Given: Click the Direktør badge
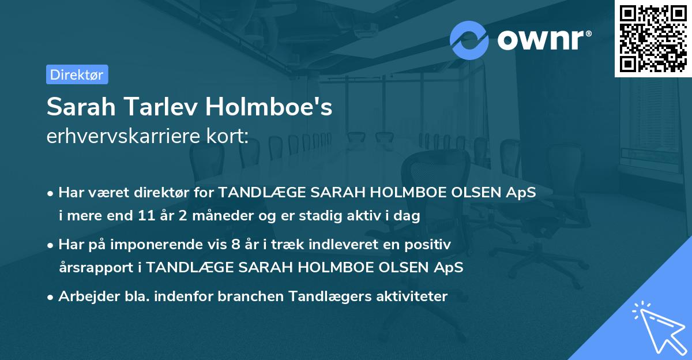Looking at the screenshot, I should pyautogui.click(x=77, y=74).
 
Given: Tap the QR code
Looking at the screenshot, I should pyautogui.click(x=653, y=39).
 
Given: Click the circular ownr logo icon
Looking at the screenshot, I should pyautogui.click(x=469, y=40).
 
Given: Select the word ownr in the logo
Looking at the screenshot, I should pyautogui.click(x=542, y=40).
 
